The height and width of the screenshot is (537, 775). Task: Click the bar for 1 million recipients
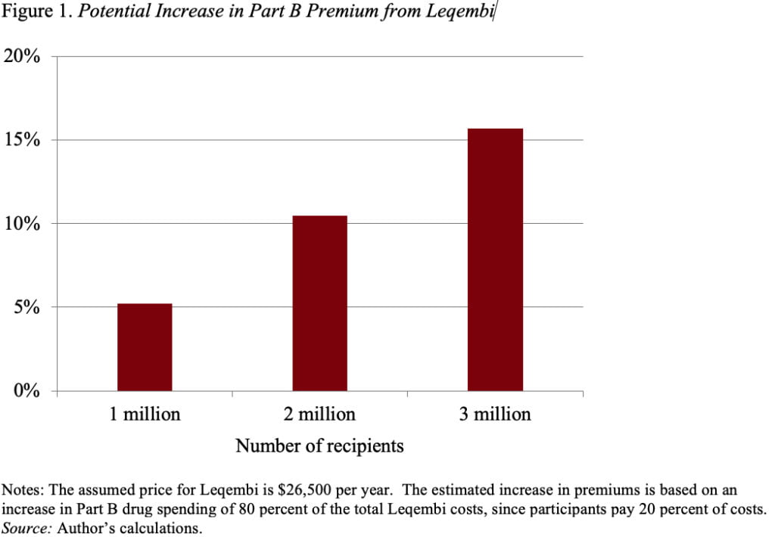145,347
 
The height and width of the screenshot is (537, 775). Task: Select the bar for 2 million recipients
319,303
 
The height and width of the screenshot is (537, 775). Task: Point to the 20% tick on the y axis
25,57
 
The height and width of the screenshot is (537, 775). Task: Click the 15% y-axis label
25,141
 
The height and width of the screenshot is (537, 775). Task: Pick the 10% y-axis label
25,224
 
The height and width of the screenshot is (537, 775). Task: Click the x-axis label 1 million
145,414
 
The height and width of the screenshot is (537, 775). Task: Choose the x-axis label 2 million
319,414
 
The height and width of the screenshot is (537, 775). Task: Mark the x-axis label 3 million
495,414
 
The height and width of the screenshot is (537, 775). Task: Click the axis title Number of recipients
319,446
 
